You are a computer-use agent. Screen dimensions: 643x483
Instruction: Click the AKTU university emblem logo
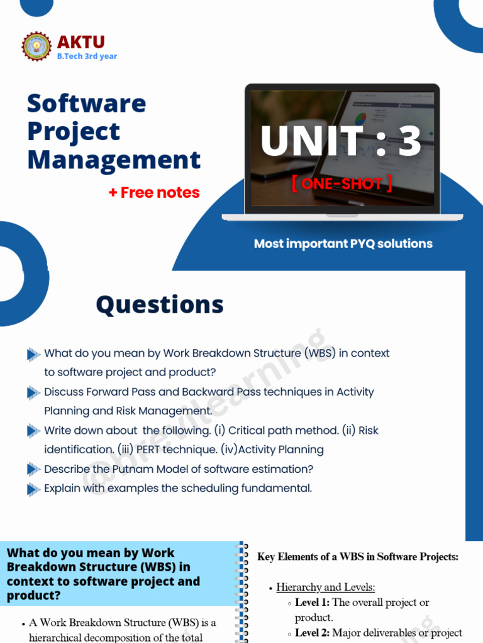(37, 47)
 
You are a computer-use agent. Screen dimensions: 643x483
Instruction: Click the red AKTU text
(81, 42)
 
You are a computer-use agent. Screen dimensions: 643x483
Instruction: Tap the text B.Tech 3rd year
(87, 57)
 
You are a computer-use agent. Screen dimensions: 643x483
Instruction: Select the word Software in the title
(86, 103)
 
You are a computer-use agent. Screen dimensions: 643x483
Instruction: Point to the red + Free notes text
(154, 193)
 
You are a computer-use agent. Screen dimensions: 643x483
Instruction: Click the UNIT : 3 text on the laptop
(341, 141)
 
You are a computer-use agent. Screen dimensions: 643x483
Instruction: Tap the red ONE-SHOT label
(341, 183)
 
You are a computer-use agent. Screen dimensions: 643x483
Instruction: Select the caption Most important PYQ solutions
(343, 244)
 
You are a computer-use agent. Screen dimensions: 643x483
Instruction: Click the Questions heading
(160, 305)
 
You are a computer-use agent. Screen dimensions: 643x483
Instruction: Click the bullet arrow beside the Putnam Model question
(33, 470)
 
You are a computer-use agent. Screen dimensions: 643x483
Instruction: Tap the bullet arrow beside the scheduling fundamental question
(33, 489)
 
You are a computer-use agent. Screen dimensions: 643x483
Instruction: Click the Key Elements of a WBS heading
(358, 556)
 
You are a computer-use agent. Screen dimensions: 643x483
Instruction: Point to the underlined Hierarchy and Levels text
(326, 587)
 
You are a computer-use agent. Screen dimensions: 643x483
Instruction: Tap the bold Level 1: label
(313, 603)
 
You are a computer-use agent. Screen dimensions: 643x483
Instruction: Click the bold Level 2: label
(313, 633)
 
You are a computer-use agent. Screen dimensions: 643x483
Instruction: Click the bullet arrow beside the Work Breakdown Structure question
(33, 354)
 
